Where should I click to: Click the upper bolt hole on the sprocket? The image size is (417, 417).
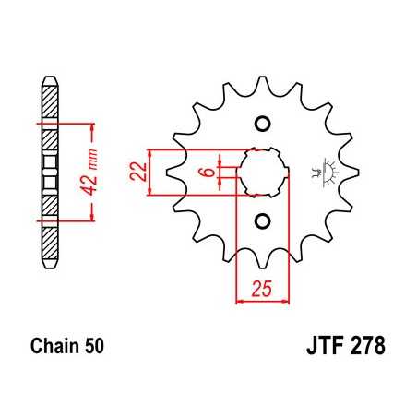[x=261, y=125]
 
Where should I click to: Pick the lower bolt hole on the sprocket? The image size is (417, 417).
[x=261, y=220]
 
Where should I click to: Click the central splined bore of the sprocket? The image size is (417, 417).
[x=261, y=172]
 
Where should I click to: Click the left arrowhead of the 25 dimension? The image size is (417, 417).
[x=242, y=301]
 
